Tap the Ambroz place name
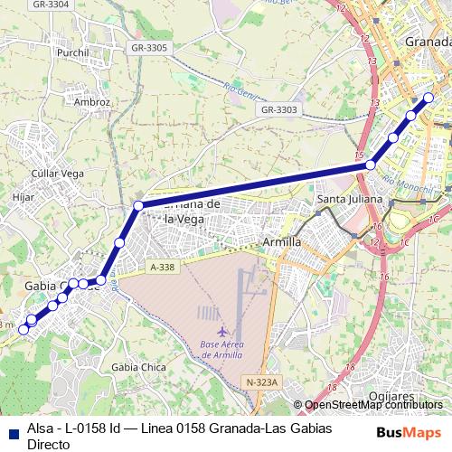click(92, 102)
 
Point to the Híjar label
click(24, 195)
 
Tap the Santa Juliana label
click(349, 198)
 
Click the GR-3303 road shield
click(278, 109)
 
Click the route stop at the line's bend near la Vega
click(138, 206)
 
